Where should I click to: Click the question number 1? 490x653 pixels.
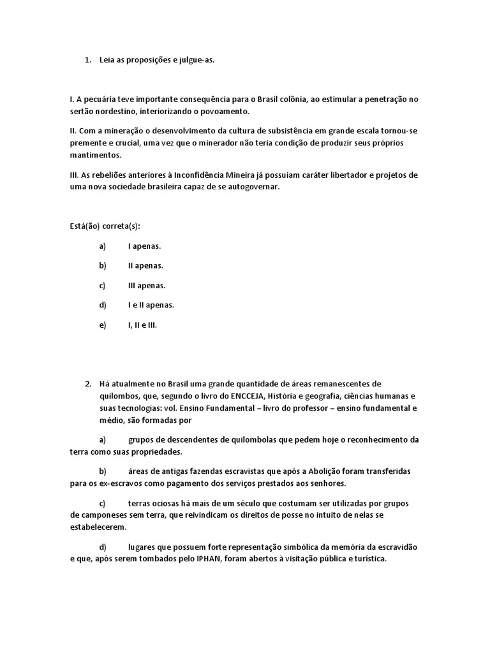point(87,60)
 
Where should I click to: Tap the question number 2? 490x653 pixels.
point(87,384)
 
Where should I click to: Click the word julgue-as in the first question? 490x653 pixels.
point(198,60)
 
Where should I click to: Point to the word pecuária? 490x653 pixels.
point(108,100)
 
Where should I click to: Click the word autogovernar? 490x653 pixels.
point(253,187)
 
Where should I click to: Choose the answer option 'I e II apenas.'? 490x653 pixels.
point(151,305)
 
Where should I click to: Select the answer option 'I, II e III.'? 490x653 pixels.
point(142,325)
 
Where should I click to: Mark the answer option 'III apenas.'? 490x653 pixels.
point(147,285)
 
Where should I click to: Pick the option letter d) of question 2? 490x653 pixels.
point(103,548)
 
